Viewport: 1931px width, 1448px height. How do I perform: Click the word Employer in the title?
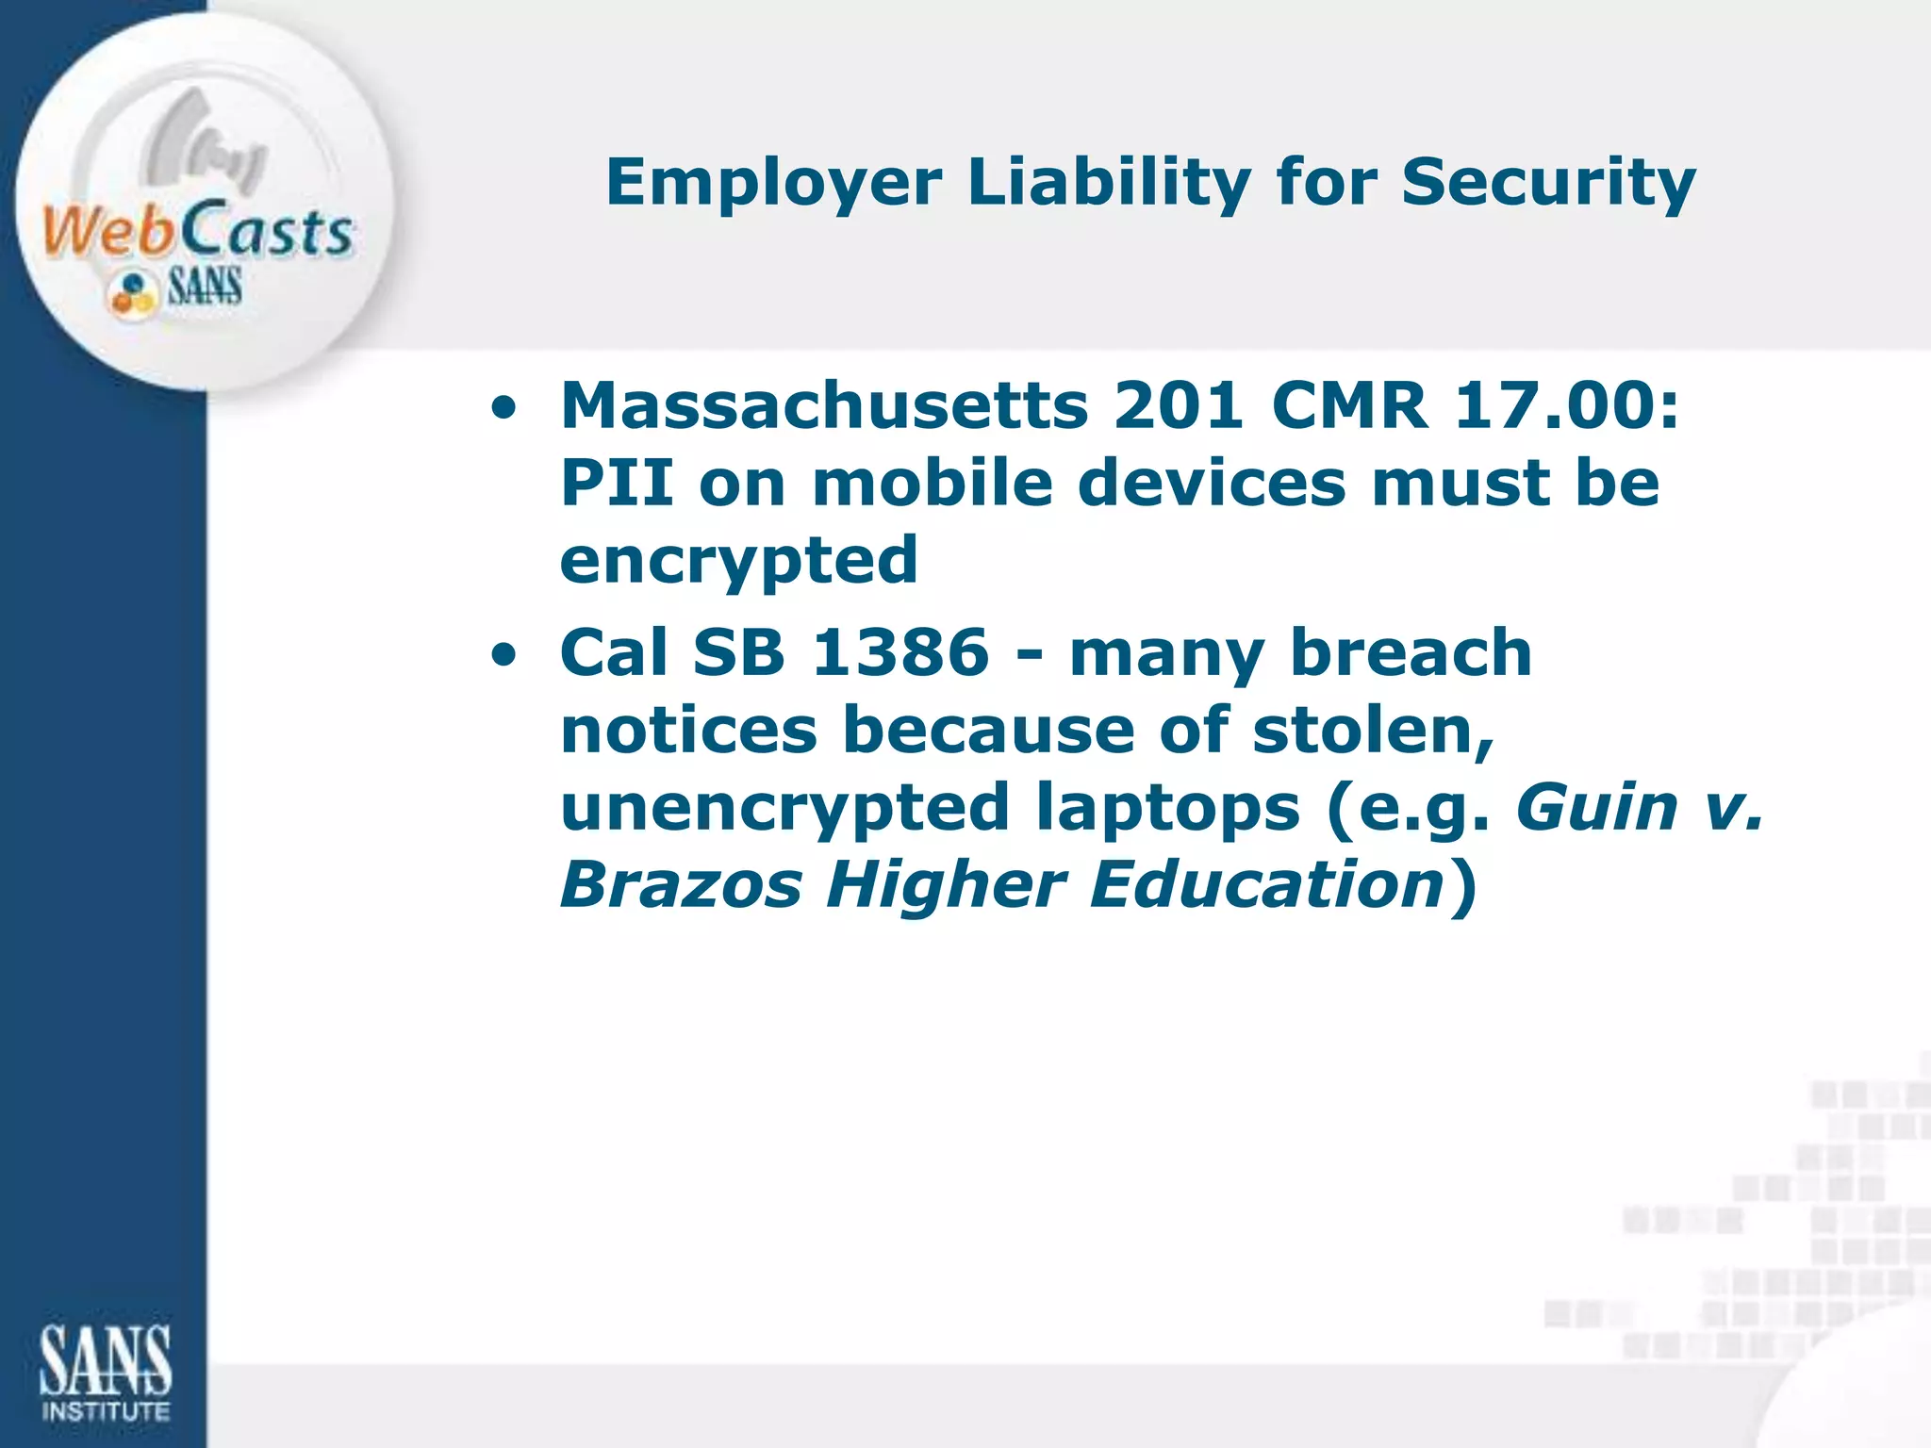point(773,182)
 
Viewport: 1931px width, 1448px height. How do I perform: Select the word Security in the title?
point(1548,182)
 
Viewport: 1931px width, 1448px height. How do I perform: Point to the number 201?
point(1179,406)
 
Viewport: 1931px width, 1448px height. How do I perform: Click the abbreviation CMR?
point(1349,406)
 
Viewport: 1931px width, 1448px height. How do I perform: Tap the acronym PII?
point(618,484)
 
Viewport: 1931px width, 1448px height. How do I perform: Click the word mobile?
point(932,484)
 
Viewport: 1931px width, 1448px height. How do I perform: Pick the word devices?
point(1212,484)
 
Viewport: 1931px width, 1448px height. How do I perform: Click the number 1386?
point(900,652)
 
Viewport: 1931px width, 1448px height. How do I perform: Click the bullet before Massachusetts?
point(503,409)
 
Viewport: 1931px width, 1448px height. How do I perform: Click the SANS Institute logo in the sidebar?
point(105,1372)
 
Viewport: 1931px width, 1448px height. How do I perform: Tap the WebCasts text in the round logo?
point(197,231)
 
